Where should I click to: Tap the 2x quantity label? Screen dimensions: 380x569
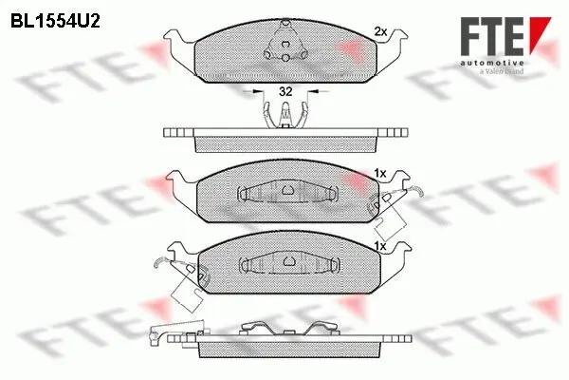[x=379, y=31]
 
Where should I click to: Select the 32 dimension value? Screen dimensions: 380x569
[x=285, y=93]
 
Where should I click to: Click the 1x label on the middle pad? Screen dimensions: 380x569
[x=379, y=173]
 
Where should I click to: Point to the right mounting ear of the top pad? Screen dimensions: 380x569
[x=395, y=42]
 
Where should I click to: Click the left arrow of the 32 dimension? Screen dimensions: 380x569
[x=259, y=93]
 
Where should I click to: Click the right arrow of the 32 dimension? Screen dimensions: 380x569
[x=313, y=93]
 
